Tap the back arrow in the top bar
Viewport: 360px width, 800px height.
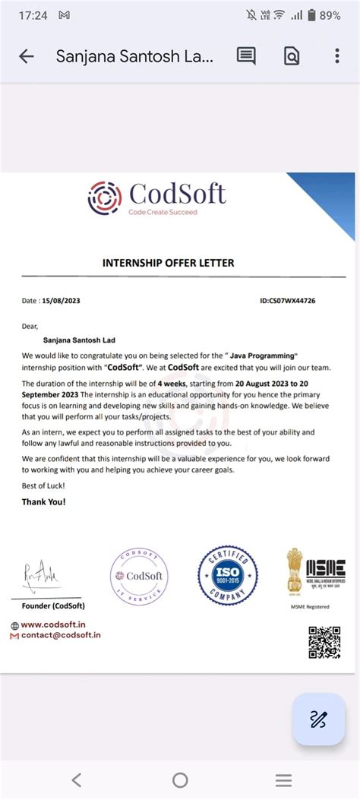click(27, 56)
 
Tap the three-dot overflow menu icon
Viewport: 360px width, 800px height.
click(337, 56)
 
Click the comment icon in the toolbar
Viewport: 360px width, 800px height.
click(246, 56)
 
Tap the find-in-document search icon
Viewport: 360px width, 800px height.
click(292, 56)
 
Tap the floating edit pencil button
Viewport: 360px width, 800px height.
click(318, 719)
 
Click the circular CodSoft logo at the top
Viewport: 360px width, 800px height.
click(105, 198)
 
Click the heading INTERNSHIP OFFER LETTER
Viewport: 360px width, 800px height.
click(169, 263)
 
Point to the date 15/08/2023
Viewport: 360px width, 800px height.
click(62, 301)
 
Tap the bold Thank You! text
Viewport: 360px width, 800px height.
click(43, 502)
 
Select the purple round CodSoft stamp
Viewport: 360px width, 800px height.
click(137, 576)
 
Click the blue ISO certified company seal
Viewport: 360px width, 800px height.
click(228, 576)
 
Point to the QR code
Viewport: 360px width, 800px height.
click(324, 642)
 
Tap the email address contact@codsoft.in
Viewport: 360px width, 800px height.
click(60, 634)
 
